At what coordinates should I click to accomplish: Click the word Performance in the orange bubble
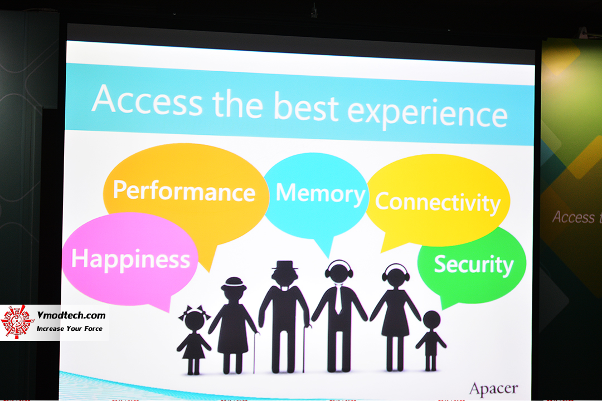pyautogui.click(x=184, y=190)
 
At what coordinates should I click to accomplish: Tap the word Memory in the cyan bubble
pyautogui.click(x=320, y=193)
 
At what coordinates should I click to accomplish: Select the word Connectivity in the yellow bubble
pyautogui.click(x=438, y=202)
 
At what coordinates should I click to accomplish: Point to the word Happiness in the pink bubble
pyautogui.click(x=130, y=260)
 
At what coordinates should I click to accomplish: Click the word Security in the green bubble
pyautogui.click(x=474, y=265)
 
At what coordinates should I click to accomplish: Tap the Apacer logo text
pyautogui.click(x=493, y=388)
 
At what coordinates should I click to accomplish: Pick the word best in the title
pyautogui.click(x=306, y=106)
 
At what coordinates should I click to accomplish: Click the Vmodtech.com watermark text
pyautogui.click(x=71, y=315)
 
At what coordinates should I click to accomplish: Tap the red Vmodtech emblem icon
pyautogui.click(x=16, y=322)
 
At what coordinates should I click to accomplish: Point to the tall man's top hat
pyautogui.click(x=284, y=265)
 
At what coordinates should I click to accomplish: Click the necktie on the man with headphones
pyautogui.click(x=338, y=299)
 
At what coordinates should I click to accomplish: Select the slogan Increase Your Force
pyautogui.click(x=70, y=329)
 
